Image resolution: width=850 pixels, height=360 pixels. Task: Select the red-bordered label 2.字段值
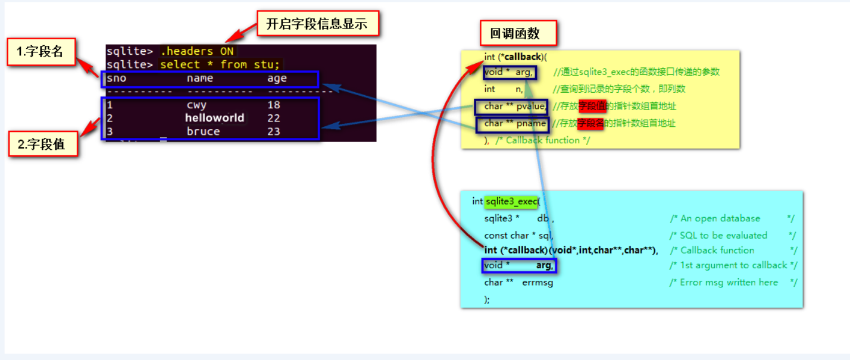click(x=43, y=143)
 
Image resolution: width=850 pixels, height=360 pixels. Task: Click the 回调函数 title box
click(x=518, y=34)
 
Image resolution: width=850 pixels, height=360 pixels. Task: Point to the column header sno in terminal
click(x=117, y=79)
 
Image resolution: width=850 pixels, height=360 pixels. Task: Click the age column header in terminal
click(x=277, y=79)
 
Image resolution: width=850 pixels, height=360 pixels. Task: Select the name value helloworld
click(x=214, y=118)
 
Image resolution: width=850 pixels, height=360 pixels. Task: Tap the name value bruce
click(x=203, y=132)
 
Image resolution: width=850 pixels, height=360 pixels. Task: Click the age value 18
click(x=274, y=105)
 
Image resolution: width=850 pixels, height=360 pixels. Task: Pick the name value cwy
click(x=196, y=105)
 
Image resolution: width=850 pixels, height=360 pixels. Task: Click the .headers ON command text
click(x=197, y=51)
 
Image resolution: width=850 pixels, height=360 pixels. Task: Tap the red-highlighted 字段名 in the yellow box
click(x=592, y=124)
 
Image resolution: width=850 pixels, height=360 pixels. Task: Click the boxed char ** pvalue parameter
click(x=514, y=107)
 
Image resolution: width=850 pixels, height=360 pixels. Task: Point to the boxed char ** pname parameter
click(x=514, y=124)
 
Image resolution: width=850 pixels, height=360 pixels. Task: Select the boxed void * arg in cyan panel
click(x=518, y=265)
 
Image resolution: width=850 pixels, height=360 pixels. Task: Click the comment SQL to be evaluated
click(x=723, y=235)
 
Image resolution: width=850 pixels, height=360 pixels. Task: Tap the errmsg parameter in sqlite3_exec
click(x=537, y=283)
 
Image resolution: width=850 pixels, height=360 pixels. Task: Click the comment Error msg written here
click(x=729, y=283)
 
